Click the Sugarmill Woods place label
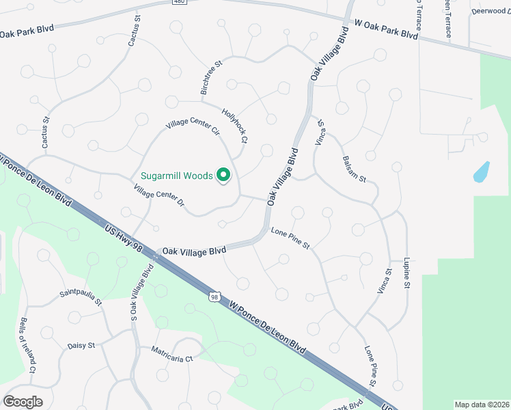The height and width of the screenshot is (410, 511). [177, 176]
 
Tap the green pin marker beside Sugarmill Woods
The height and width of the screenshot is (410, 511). [223, 176]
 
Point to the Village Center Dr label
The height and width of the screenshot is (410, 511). [159, 196]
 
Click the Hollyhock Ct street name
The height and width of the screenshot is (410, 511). [234, 125]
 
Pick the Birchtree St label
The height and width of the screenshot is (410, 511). [212, 77]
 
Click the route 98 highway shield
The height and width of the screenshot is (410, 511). [215, 297]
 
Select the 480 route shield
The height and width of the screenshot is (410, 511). [179, 3]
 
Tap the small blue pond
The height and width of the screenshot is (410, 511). [482, 172]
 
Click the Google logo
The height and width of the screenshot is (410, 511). [23, 402]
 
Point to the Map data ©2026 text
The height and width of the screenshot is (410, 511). [482, 405]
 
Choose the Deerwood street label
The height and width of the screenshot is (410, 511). [491, 11]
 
